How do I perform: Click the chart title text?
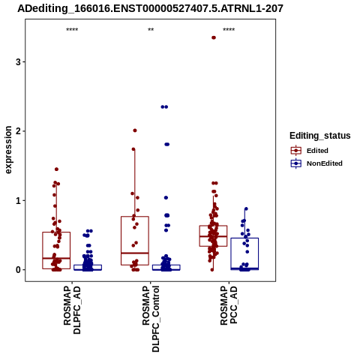point(150,9)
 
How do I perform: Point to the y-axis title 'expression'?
point(8,150)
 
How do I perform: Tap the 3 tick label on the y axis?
point(18,61)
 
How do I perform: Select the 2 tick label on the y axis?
point(18,131)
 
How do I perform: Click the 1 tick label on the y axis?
point(18,200)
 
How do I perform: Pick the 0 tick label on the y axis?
point(18,270)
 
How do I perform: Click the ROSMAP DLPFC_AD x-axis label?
point(72,310)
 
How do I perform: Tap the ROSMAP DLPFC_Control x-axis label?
point(151,319)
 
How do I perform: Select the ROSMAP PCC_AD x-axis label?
point(229,305)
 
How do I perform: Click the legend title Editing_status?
point(320,136)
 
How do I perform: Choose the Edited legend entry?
point(310,151)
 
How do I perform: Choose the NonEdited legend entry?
point(316,163)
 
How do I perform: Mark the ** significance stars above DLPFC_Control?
point(151,30)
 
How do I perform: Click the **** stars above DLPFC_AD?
point(72,30)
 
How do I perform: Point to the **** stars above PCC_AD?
point(229,30)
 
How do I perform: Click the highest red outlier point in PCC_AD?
point(214,37)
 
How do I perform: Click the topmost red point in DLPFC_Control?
point(135,130)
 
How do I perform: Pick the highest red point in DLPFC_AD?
point(56,169)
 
